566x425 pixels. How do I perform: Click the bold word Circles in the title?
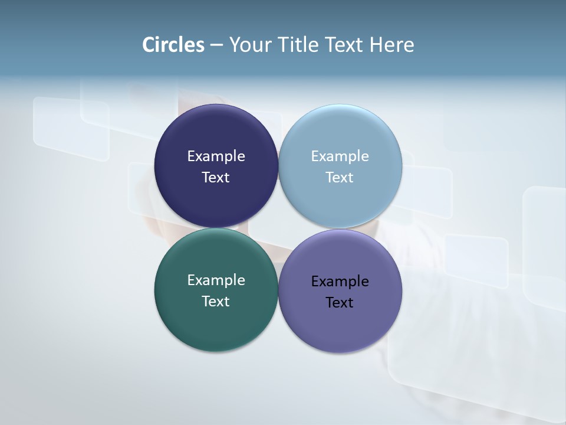[173, 45]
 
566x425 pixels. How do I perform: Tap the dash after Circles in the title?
[216, 45]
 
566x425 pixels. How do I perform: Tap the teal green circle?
[216, 328]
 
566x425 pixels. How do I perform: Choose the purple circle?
[340, 328]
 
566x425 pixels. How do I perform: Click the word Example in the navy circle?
[216, 156]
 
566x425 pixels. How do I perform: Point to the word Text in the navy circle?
[216, 177]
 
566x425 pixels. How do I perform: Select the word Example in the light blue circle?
[340, 156]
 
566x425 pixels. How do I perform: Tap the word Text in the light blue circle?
[340, 177]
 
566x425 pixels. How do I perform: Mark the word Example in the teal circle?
[216, 280]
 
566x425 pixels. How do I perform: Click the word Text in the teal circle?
[216, 301]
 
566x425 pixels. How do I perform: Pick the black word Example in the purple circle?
[340, 282]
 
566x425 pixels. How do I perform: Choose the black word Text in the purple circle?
[340, 302]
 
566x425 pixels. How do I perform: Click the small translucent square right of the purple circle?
[476, 261]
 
